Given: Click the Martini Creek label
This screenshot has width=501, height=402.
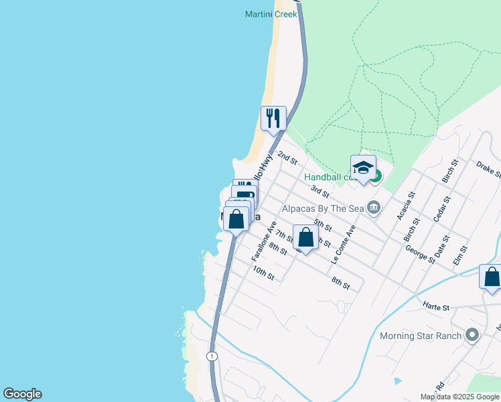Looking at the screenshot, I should (x=271, y=14).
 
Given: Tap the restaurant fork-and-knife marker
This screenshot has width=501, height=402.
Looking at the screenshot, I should (x=273, y=119).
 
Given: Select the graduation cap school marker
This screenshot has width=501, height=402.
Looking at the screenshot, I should (x=363, y=167).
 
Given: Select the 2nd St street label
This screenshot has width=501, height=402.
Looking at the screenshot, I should (x=287, y=158).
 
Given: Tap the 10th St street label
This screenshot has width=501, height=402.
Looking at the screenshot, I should (x=264, y=273).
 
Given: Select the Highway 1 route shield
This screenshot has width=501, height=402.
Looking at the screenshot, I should (x=212, y=355).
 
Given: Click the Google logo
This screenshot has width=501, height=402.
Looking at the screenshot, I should (x=22, y=394).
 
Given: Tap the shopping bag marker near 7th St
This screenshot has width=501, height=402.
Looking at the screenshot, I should (x=305, y=238).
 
